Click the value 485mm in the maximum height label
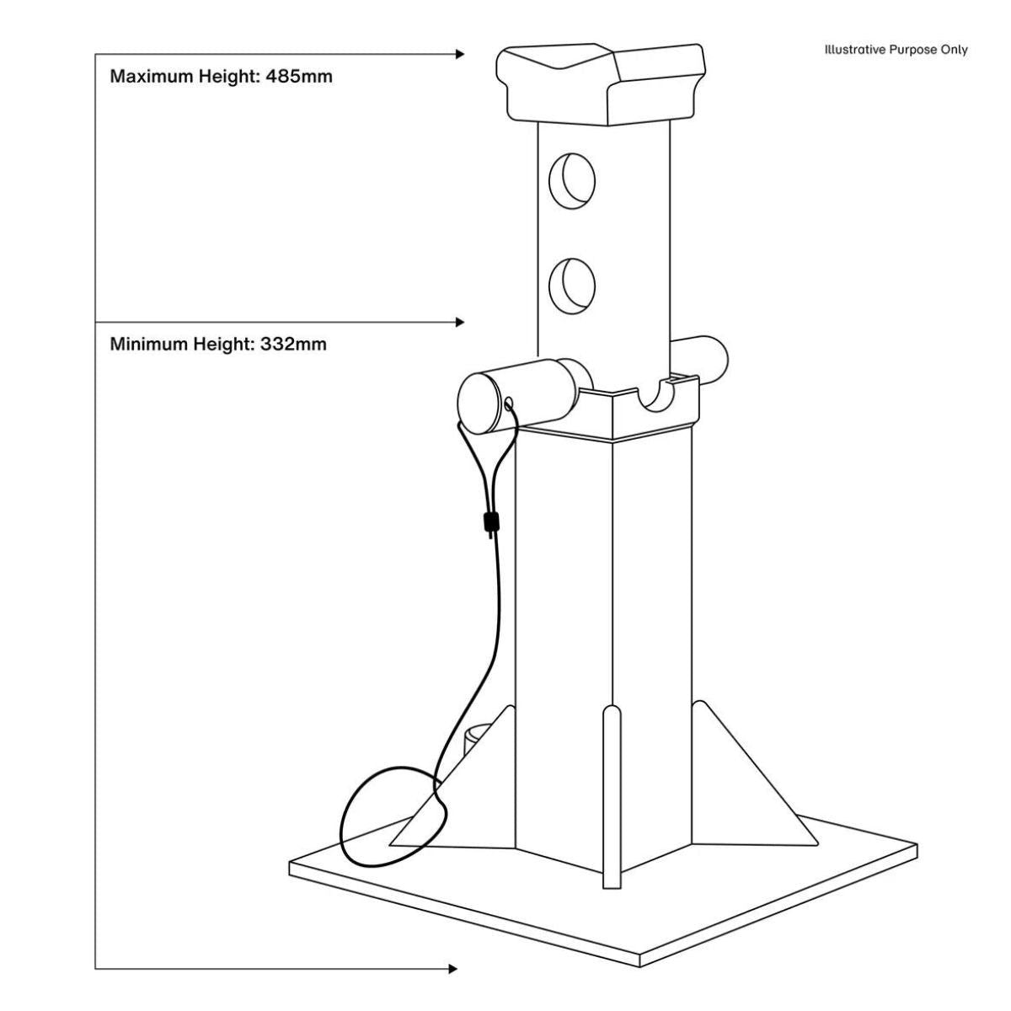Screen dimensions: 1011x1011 coord(299,77)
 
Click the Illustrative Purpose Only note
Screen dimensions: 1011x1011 coord(896,50)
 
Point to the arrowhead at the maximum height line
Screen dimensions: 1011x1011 coord(460,54)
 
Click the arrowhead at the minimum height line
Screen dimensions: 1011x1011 coord(460,322)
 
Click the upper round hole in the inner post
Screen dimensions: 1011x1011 coord(572,180)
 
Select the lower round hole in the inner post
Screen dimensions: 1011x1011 coord(572,286)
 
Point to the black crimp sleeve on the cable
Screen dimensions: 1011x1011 coord(488,523)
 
